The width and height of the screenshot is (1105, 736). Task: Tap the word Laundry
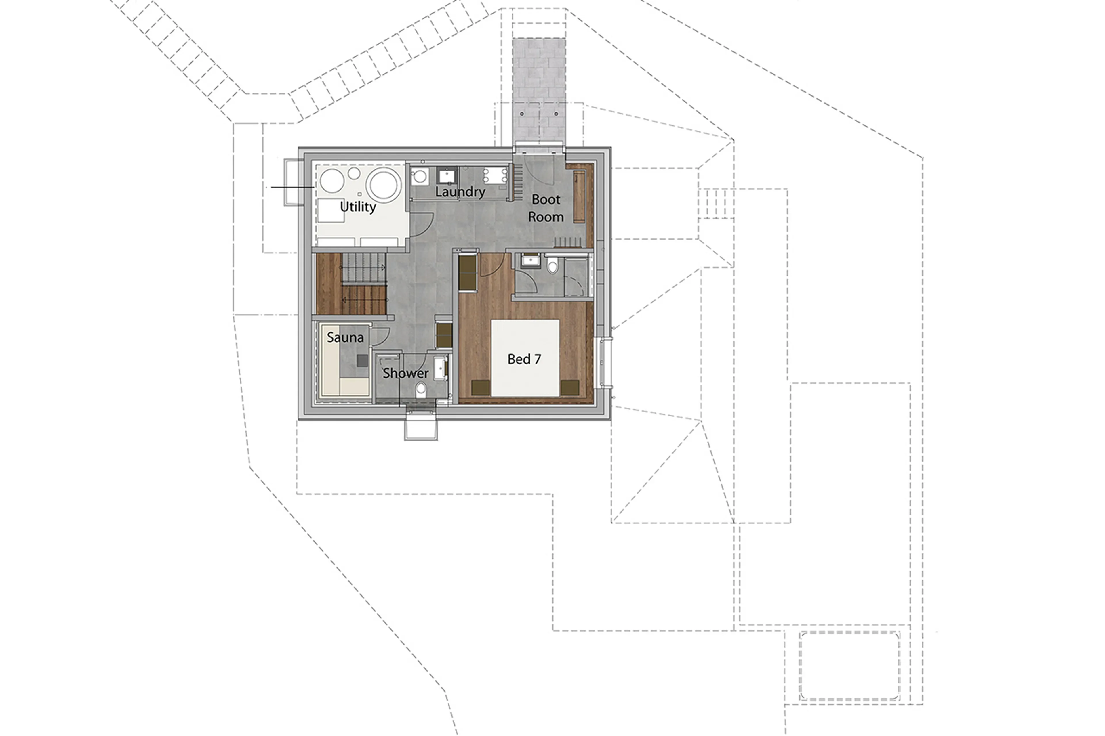tap(460, 192)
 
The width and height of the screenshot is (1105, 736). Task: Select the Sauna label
tap(345, 337)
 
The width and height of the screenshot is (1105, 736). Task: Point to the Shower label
tap(405, 373)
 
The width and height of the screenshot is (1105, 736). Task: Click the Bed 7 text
tap(524, 359)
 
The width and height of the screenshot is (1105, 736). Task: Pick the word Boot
tap(546, 200)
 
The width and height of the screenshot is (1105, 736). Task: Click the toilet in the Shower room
tap(421, 389)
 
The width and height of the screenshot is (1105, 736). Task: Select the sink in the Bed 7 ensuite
tap(530, 261)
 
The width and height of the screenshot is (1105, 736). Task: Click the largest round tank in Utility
tap(384, 184)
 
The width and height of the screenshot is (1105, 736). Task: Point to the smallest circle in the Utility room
tap(359, 194)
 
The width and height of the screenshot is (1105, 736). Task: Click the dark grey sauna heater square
tap(362, 360)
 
